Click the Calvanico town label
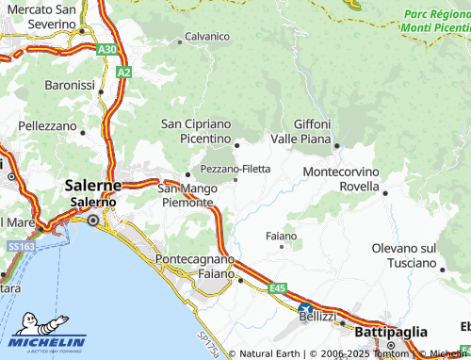coord(207,36)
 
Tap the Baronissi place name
coord(70,85)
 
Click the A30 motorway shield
coord(107,49)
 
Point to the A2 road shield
coord(123,72)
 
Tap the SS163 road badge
coord(22,245)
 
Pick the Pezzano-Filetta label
coord(235,169)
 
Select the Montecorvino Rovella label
coord(340,179)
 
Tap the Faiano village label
coord(281,235)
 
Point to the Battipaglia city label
coord(391,332)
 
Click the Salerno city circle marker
coord(92,220)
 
